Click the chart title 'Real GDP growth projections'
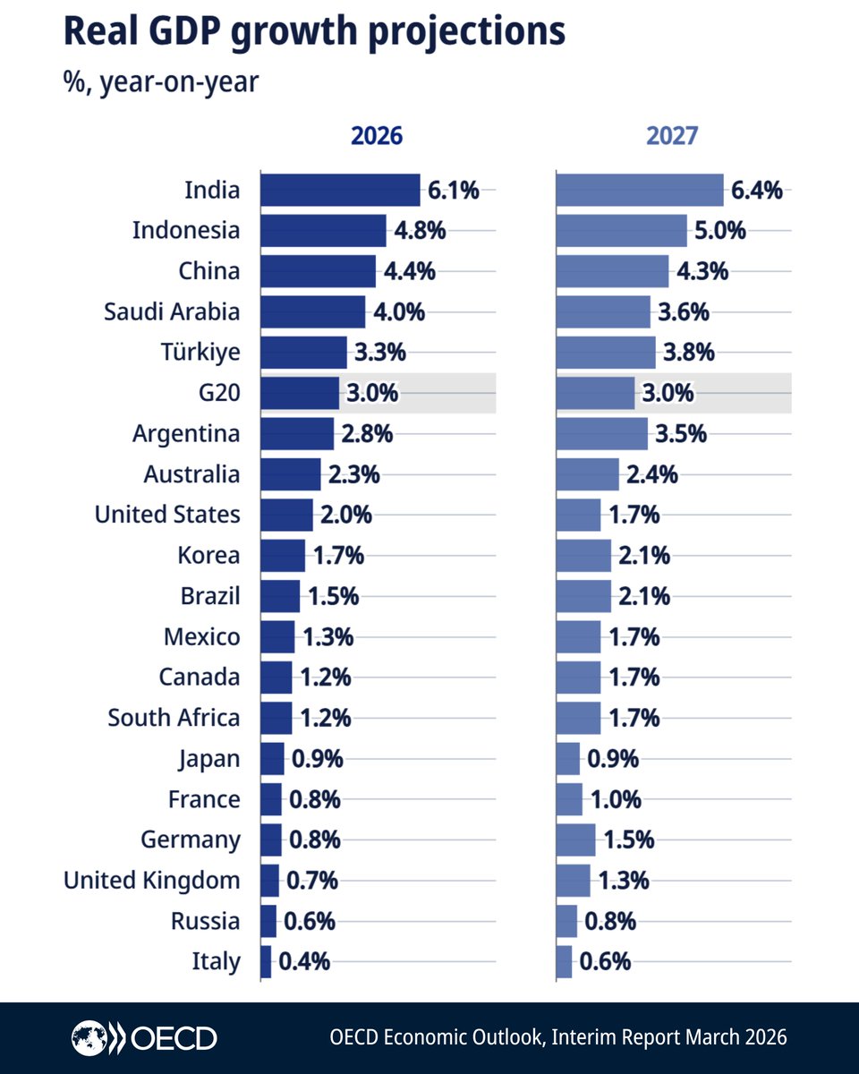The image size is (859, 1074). (313, 32)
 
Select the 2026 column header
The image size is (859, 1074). (376, 136)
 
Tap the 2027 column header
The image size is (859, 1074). (672, 136)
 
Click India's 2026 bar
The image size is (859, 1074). (339, 190)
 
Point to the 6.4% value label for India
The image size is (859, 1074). (758, 190)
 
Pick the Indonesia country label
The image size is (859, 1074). (186, 230)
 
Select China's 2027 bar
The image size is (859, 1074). (612, 271)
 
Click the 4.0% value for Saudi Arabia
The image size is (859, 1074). (399, 312)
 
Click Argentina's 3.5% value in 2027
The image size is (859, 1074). (681, 434)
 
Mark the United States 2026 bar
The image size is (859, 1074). (286, 515)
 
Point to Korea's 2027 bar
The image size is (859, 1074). (583, 556)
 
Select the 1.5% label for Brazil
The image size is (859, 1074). (334, 596)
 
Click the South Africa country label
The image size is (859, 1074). (174, 718)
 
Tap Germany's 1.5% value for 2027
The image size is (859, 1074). (628, 840)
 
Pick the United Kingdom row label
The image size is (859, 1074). (151, 881)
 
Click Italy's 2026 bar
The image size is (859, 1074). (266, 961)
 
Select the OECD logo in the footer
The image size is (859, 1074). (144, 1038)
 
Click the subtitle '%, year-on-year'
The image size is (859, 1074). (161, 82)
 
